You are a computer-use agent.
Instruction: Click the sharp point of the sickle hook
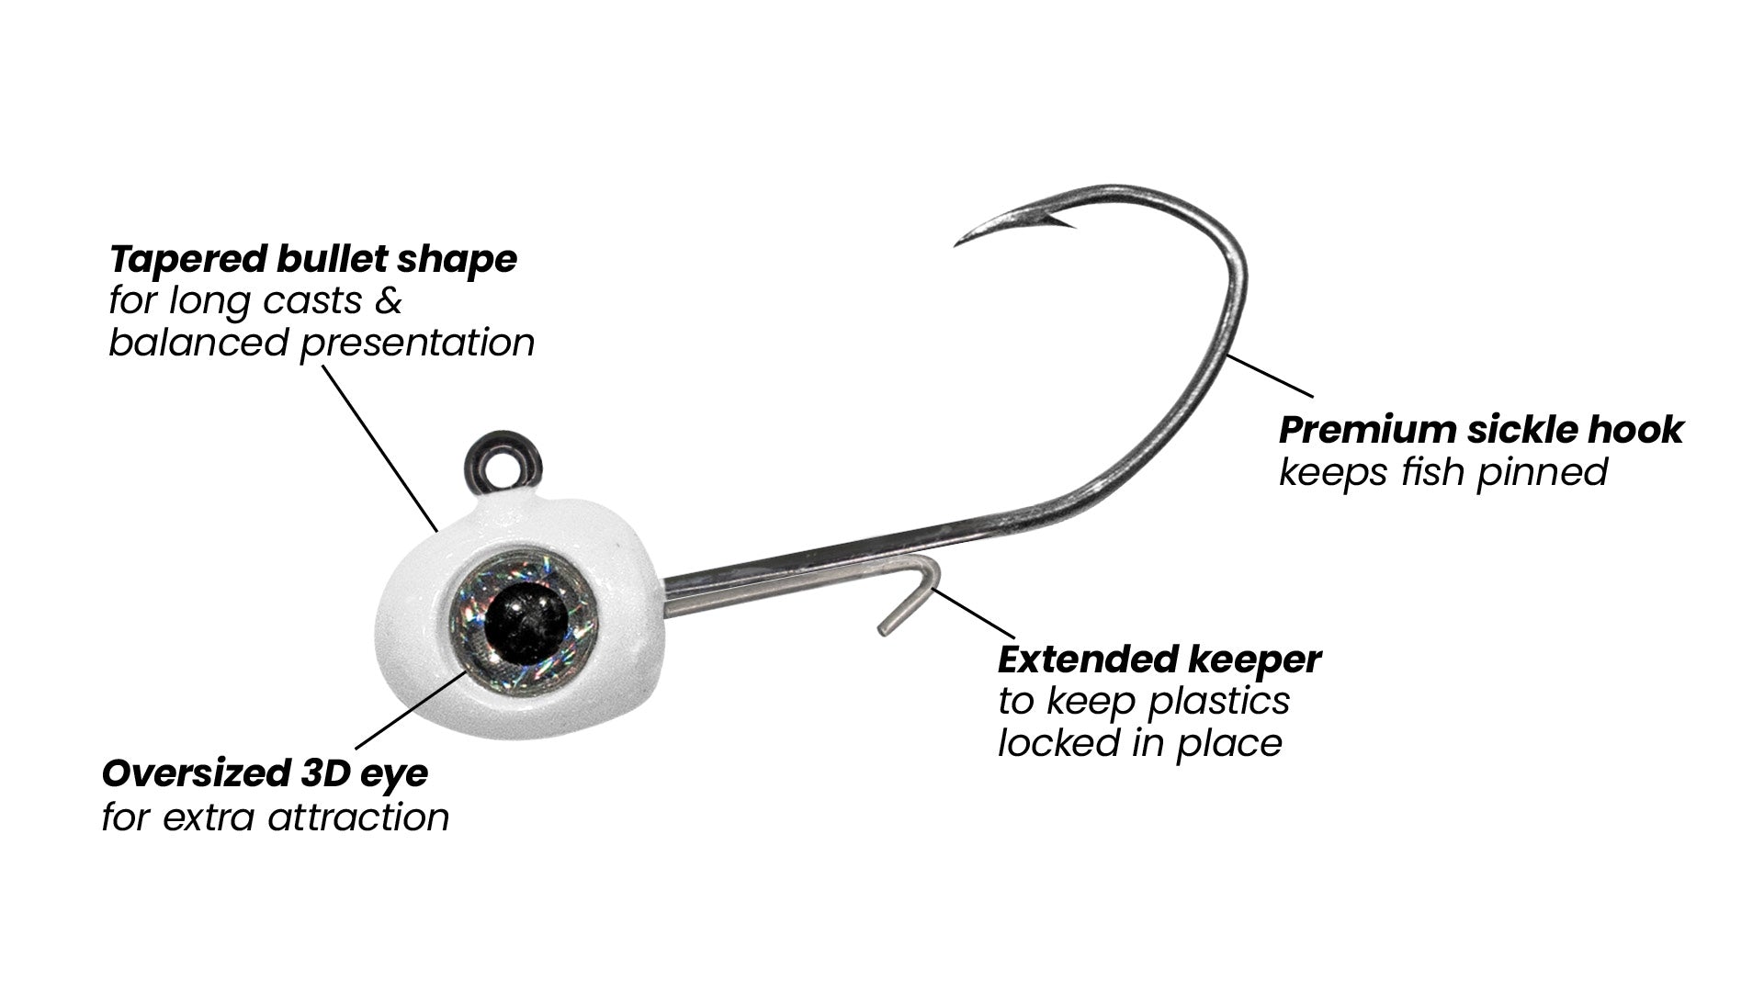coord(957,243)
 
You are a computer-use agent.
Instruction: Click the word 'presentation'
coord(417,344)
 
